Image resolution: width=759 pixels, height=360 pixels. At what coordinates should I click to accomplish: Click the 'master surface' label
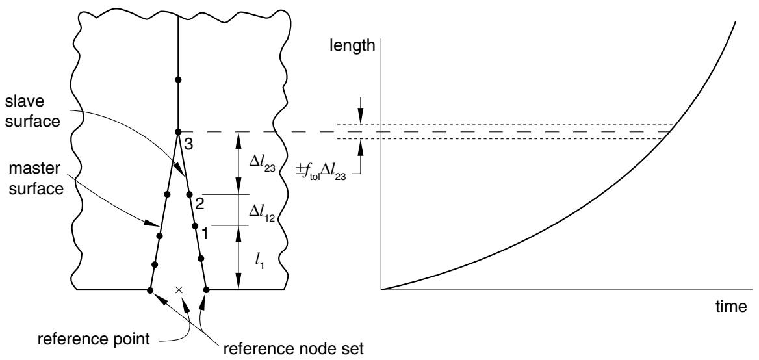(x=38, y=179)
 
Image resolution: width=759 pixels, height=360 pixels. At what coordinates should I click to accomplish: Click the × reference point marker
(x=179, y=290)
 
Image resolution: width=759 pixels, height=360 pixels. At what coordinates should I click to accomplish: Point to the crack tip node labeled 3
(x=178, y=132)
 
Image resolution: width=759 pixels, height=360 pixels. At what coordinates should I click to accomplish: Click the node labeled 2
(x=189, y=195)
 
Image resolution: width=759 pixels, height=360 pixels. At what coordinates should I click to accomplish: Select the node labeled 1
(x=194, y=225)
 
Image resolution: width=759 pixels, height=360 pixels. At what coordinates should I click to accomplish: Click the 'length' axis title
(x=352, y=45)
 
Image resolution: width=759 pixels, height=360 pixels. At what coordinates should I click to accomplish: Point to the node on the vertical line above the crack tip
(x=178, y=79)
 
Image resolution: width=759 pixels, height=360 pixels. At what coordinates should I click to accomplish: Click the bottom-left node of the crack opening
(x=150, y=290)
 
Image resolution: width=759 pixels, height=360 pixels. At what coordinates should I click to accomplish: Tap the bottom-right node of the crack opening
(x=206, y=290)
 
